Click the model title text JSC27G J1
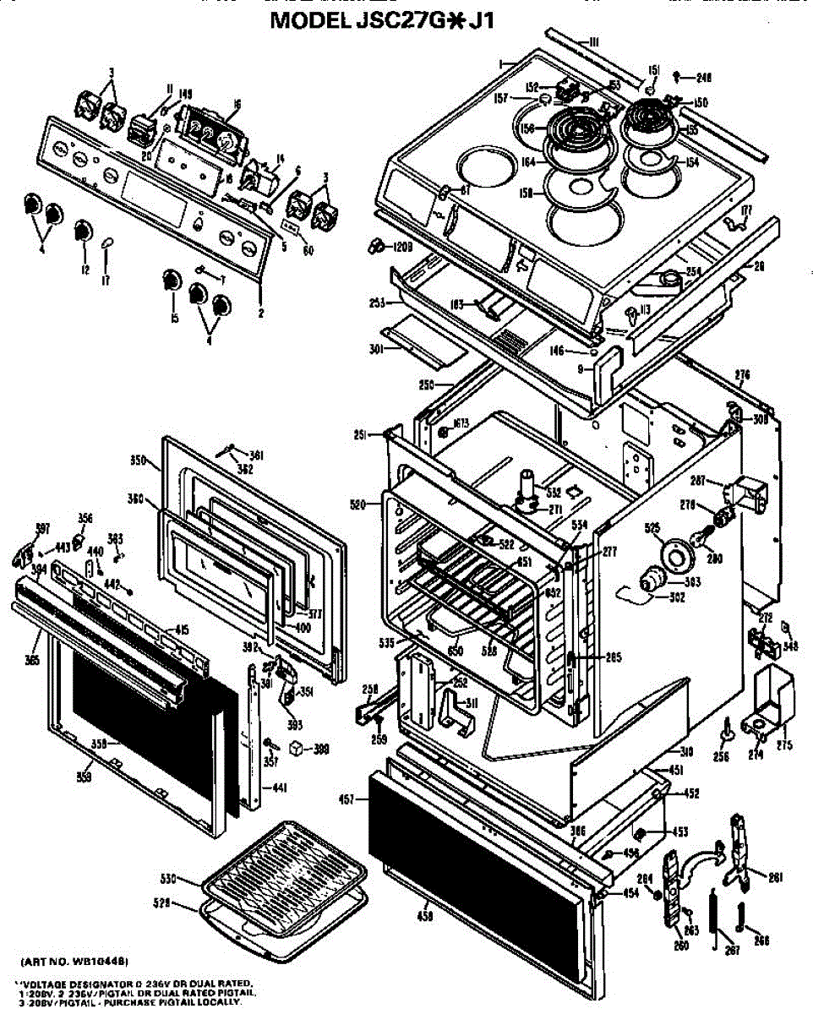(x=380, y=20)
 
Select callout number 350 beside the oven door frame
(x=139, y=461)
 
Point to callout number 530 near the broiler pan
(x=169, y=879)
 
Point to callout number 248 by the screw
(x=704, y=78)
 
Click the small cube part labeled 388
(x=295, y=748)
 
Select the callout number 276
(x=742, y=375)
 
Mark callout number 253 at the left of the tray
(x=377, y=302)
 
